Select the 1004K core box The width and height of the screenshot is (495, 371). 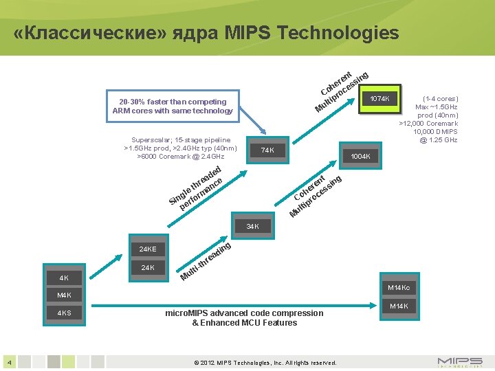[360, 157]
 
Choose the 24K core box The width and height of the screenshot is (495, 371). [147, 267]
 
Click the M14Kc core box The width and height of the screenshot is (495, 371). [399, 288]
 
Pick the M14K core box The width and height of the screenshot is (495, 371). [399, 306]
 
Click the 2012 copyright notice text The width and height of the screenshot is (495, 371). [265, 362]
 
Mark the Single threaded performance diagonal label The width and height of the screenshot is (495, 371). [197, 188]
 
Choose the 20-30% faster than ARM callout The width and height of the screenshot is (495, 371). [173, 106]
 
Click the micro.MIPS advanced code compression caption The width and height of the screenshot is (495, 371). [244, 317]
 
